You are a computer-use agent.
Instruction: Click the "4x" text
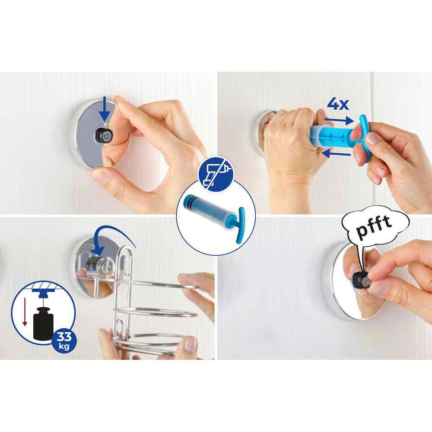pos(338,104)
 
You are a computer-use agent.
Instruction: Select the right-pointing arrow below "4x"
pos(339,121)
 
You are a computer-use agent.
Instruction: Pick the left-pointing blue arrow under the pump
pos(337,153)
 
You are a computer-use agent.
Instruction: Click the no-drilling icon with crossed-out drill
pos(216,174)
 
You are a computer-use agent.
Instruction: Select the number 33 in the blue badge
pos(64,337)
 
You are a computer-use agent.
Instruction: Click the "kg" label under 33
pos(64,346)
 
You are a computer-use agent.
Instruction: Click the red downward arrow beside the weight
pos(25,311)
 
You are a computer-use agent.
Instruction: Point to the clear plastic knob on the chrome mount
pos(99,267)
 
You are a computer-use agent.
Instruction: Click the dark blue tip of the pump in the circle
pos(191,202)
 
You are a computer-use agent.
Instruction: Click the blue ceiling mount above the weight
pos(42,292)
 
